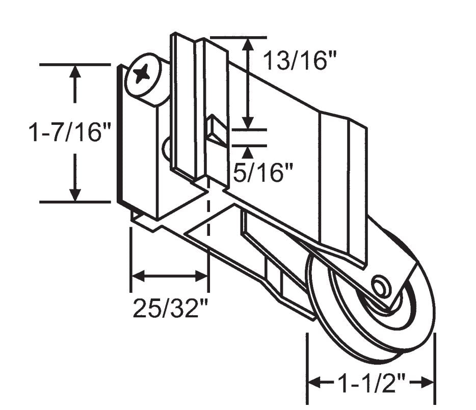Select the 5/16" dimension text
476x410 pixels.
[264, 174]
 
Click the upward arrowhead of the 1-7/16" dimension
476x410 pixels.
[75, 72]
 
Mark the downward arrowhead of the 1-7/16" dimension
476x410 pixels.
[75, 194]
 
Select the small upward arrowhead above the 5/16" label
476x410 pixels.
[248, 151]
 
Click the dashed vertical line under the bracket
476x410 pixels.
[208, 214]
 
